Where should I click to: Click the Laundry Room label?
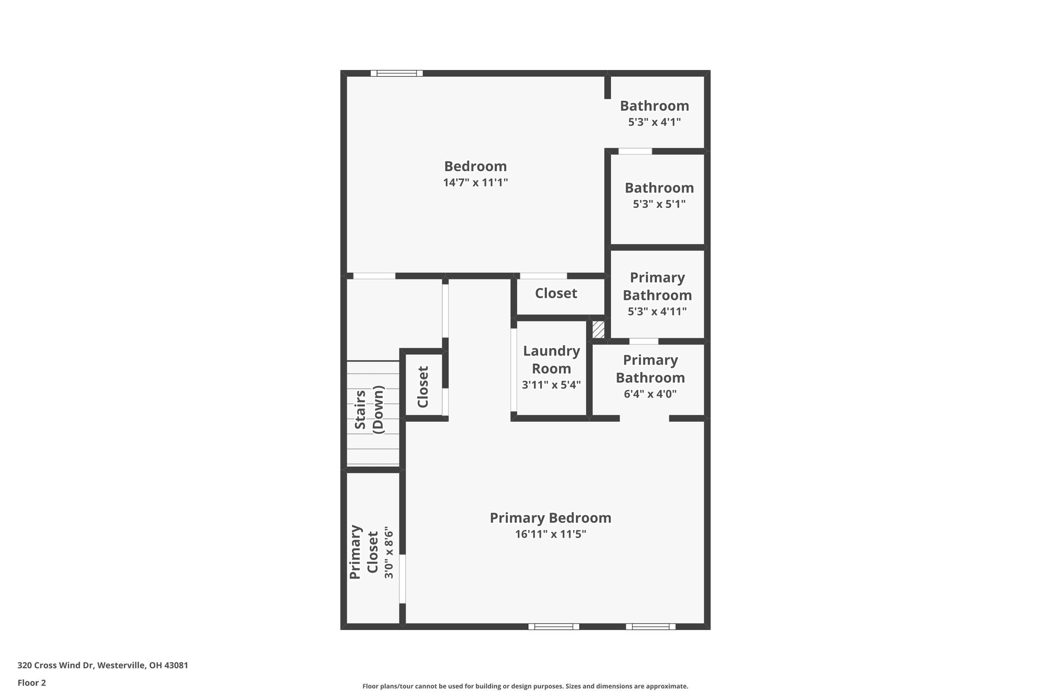pyautogui.click(x=551, y=359)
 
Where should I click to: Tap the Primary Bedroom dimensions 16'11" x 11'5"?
pyautogui.click(x=550, y=534)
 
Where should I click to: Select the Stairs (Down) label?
pyautogui.click(x=369, y=410)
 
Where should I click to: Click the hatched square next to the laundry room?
pyautogui.click(x=598, y=329)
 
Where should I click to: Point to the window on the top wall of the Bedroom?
pyautogui.click(x=396, y=73)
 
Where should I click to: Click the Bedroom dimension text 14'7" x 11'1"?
pyautogui.click(x=475, y=183)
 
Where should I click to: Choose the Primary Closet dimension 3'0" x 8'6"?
pyautogui.click(x=389, y=552)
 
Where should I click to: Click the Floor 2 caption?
pyautogui.click(x=32, y=682)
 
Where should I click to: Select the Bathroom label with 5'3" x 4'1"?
pyautogui.click(x=654, y=106)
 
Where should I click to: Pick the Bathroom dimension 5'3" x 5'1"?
pyautogui.click(x=659, y=204)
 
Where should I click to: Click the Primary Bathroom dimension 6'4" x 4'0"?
pyautogui.click(x=650, y=394)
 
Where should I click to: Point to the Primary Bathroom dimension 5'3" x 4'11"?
pyautogui.click(x=657, y=311)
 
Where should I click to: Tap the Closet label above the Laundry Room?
pyautogui.click(x=556, y=293)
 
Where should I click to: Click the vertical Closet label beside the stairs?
pyautogui.click(x=423, y=387)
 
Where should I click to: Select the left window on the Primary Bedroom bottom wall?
pyautogui.click(x=553, y=627)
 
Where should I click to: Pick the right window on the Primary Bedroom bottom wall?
pyautogui.click(x=650, y=627)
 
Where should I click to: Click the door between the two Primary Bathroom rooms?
pyautogui.click(x=643, y=341)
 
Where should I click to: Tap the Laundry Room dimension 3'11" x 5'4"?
pyautogui.click(x=551, y=385)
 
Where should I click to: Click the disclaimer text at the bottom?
pyautogui.click(x=525, y=686)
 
